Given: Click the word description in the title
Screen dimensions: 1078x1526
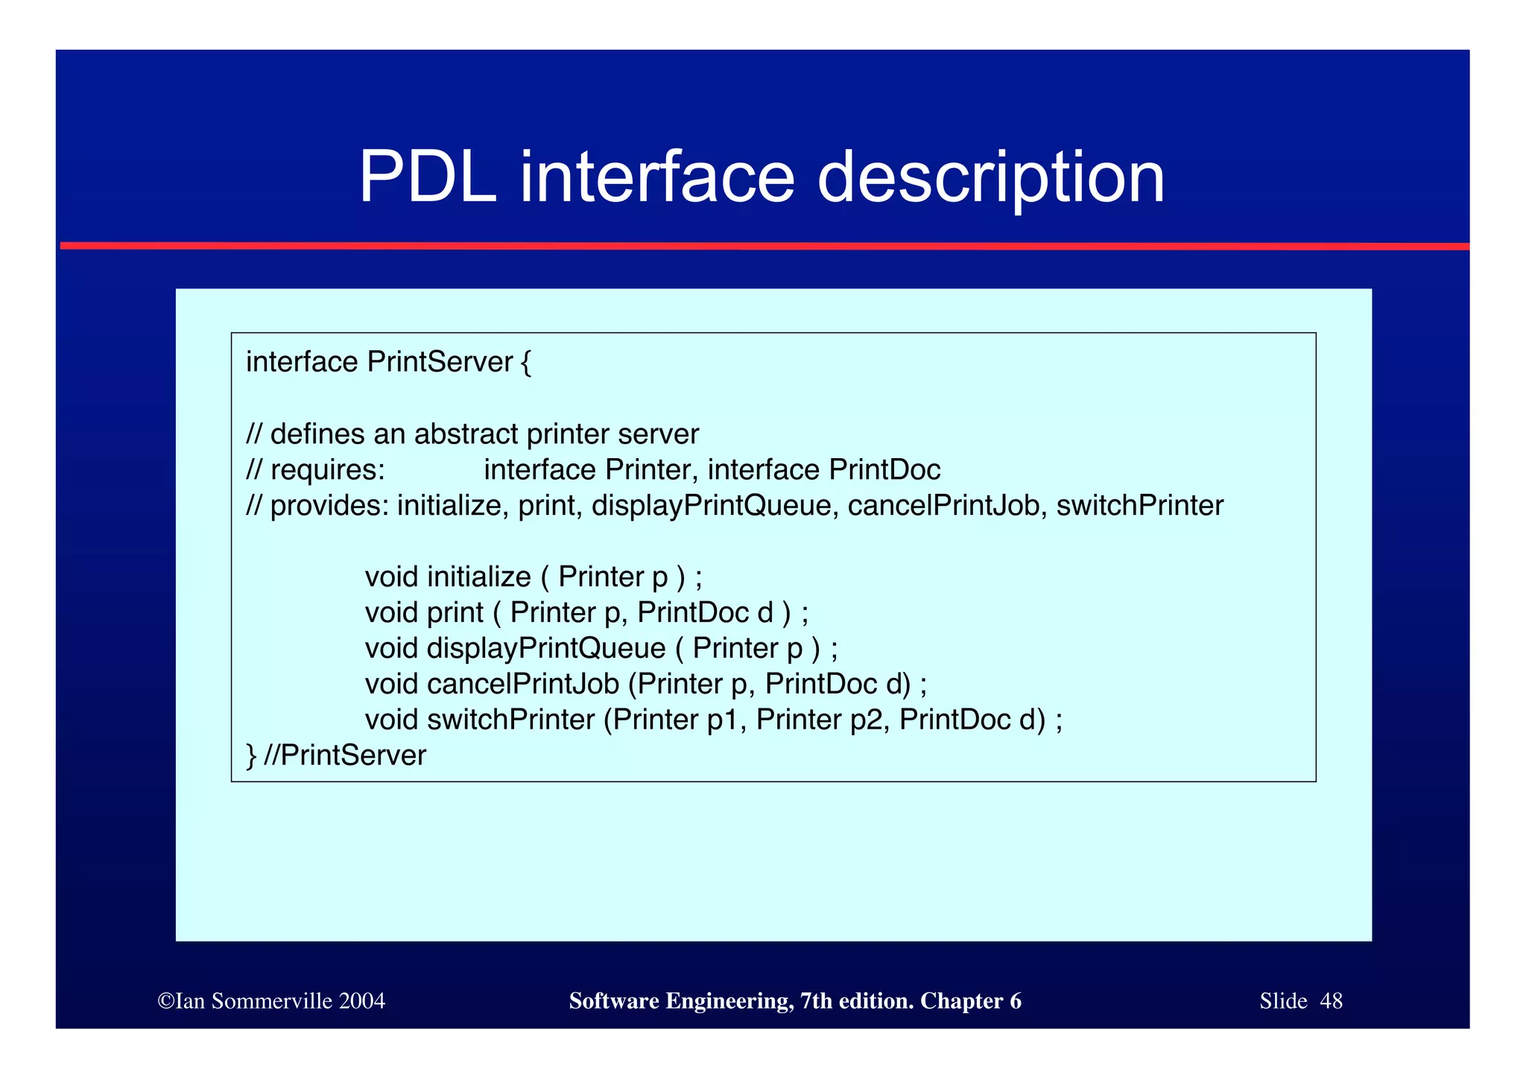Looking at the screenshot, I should tap(990, 179).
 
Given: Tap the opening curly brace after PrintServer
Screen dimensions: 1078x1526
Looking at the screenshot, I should tap(526, 363).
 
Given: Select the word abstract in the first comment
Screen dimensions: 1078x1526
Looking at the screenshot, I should tap(466, 434).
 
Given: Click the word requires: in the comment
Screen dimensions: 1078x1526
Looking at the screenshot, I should tap(327, 470).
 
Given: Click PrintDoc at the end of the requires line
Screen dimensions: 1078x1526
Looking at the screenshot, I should tap(884, 470).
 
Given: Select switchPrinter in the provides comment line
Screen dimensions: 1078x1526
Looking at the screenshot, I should tap(1139, 506).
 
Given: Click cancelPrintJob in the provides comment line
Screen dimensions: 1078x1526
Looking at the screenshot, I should tap(943, 506).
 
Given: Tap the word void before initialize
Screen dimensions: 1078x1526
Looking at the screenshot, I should tap(391, 577).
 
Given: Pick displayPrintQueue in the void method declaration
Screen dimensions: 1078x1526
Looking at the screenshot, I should tap(545, 648).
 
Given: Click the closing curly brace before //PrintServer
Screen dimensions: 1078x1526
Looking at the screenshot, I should tap(251, 756).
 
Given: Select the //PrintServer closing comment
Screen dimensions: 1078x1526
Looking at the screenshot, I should tap(345, 755).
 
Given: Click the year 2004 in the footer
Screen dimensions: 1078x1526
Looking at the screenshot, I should tap(361, 1001).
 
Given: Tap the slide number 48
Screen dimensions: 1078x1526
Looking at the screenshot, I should tap(1331, 1001).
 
